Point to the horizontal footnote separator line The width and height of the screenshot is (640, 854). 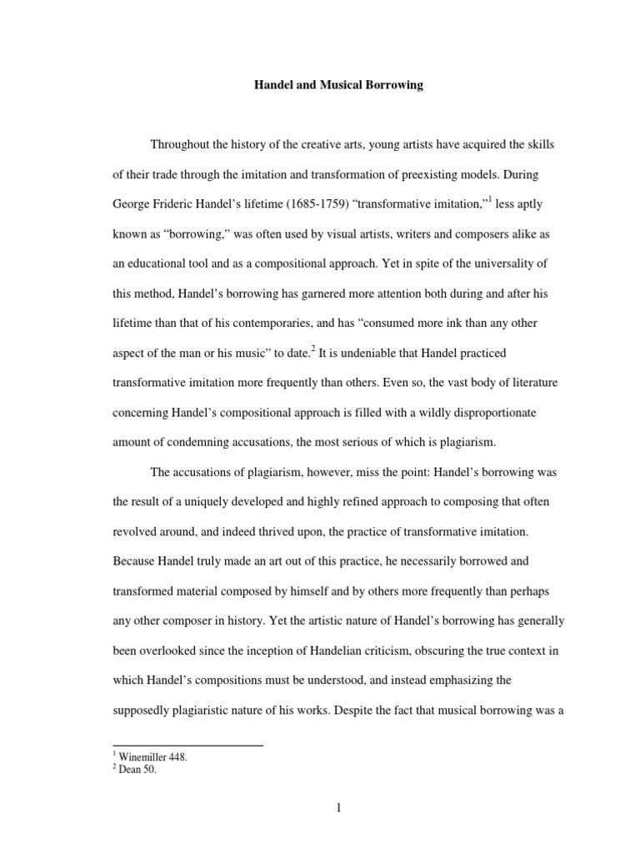coord(187,745)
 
